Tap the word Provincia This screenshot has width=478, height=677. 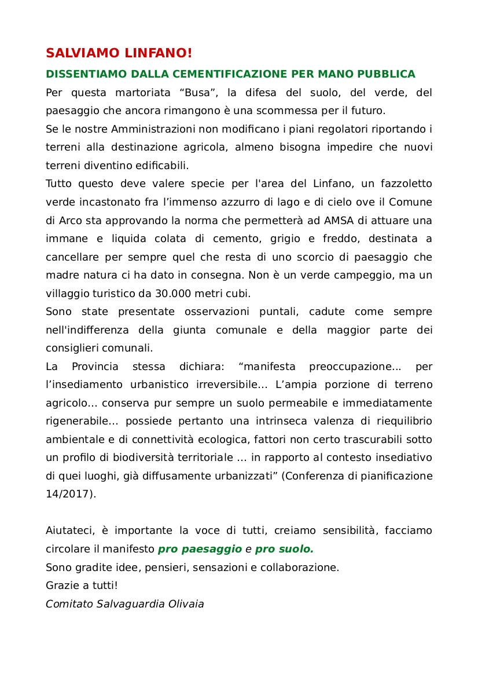95,367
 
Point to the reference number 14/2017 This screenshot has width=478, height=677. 69,494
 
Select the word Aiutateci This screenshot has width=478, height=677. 68,530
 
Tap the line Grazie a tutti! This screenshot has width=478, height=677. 82,585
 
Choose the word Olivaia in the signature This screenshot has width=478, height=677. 186,604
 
